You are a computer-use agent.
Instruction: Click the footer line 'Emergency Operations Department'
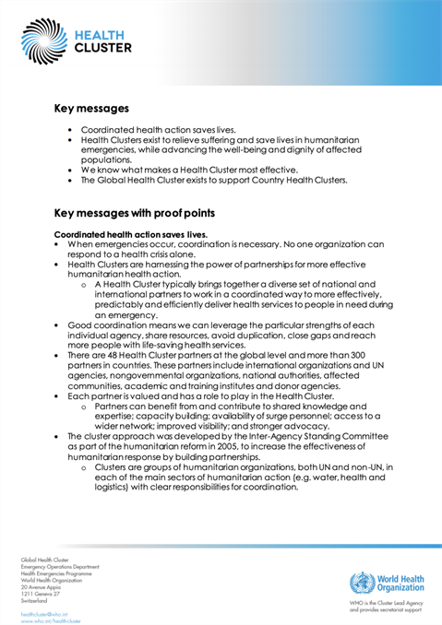coord(60,567)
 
